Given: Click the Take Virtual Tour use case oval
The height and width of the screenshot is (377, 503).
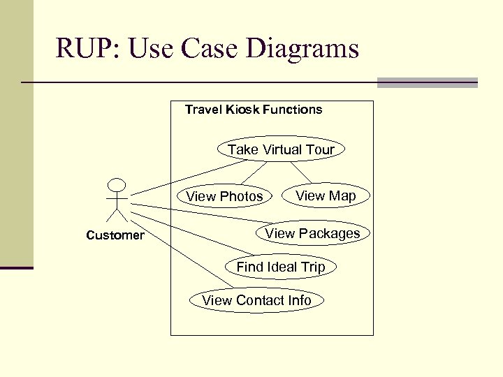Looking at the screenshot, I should [x=281, y=149].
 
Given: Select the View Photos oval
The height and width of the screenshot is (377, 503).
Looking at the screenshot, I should [x=224, y=196].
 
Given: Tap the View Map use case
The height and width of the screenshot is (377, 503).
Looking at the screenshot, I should [x=325, y=195].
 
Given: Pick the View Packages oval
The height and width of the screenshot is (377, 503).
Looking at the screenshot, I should [x=312, y=233].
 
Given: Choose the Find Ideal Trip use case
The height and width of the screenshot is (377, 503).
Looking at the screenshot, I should [x=280, y=267].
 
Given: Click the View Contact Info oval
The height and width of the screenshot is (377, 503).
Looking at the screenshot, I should [x=256, y=300].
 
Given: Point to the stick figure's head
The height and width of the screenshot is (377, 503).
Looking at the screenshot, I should [x=117, y=185].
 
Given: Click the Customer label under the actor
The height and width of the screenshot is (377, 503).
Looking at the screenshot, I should [x=115, y=235].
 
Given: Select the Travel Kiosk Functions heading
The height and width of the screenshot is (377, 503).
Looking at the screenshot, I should [x=253, y=110].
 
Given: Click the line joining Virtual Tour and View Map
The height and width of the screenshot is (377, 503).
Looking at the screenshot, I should [x=301, y=172].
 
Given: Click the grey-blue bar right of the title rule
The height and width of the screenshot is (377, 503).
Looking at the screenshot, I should [x=427, y=83].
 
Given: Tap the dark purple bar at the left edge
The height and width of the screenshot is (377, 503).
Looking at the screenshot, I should [x=16, y=267].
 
